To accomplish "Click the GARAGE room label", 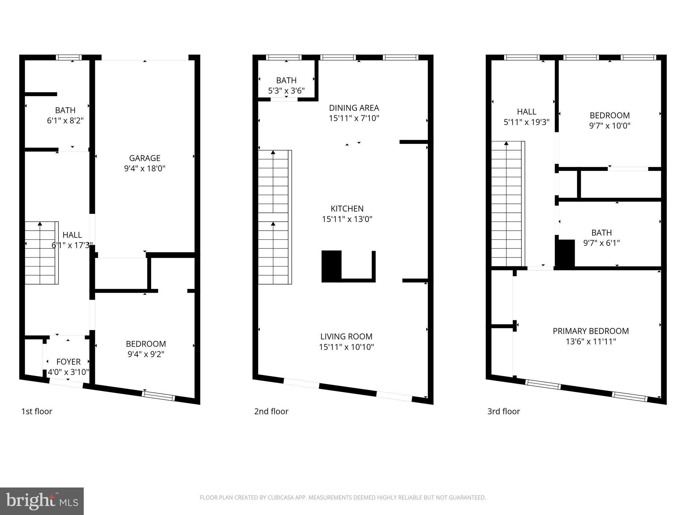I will [145, 158].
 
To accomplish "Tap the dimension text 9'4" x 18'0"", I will [145, 168].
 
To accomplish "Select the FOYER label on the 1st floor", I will [68, 362].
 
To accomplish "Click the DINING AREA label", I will [354, 108].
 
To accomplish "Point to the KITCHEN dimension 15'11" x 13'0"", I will [347, 219].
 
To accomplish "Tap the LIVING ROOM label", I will [346, 336].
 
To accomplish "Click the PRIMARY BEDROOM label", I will [591, 331].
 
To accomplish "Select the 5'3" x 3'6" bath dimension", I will [286, 91].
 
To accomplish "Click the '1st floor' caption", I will [37, 411].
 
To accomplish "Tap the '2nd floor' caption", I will [271, 411].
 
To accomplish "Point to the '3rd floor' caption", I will [503, 411].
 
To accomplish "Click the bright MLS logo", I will [42, 501].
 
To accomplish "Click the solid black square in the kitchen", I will [331, 266].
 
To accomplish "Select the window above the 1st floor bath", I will [69, 57].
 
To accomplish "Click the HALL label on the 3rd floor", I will [527, 112].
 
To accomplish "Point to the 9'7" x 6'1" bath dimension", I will [602, 243].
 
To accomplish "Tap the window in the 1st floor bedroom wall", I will [158, 396].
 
